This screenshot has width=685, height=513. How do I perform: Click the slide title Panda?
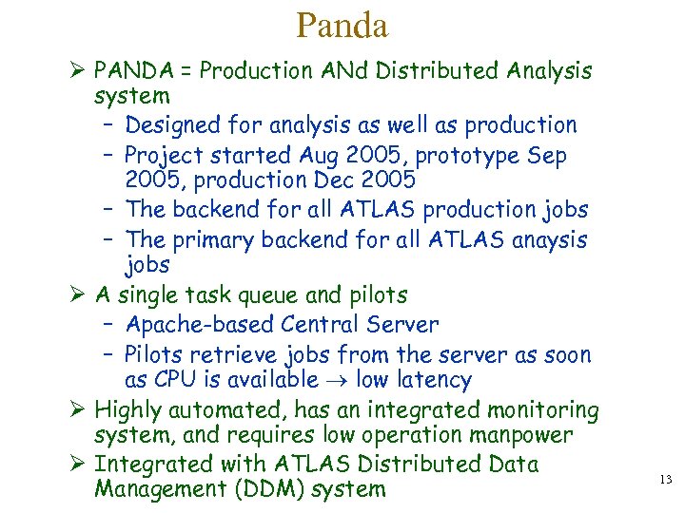[x=342, y=26]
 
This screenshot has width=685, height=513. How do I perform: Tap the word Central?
[x=322, y=325]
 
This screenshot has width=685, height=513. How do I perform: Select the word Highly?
[x=130, y=410]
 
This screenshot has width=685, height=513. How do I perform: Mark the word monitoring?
[x=543, y=410]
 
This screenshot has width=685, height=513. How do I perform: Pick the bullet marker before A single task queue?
[x=79, y=295]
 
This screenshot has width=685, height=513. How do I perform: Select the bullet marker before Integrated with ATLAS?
[x=79, y=464]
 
